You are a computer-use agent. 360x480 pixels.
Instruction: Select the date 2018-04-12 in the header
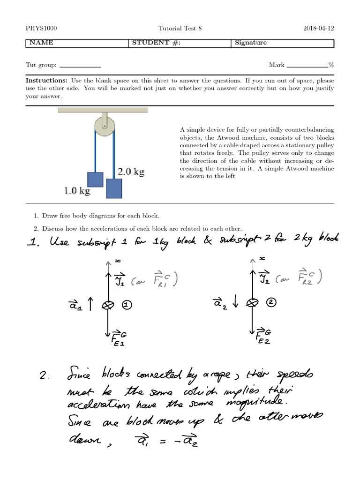pyautogui.click(x=319, y=29)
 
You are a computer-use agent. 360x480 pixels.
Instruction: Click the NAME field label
pyautogui.click(x=42, y=43)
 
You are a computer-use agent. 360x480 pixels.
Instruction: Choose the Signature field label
pyautogui.click(x=251, y=43)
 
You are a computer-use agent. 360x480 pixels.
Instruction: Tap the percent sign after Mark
pyautogui.click(x=331, y=65)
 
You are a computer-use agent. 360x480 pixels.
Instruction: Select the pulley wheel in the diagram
pyautogui.click(x=104, y=125)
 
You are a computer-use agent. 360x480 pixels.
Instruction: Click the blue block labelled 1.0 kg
pyautogui.click(x=95, y=180)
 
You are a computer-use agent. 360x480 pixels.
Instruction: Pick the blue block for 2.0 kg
pyautogui.click(x=114, y=188)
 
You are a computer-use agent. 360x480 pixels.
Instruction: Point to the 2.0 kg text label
pyautogui.click(x=131, y=172)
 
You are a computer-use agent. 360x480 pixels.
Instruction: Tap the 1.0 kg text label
pyautogui.click(x=77, y=191)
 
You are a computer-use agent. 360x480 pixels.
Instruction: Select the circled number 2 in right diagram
pyautogui.click(x=271, y=303)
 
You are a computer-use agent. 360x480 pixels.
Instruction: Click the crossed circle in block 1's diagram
pyautogui.click(x=108, y=305)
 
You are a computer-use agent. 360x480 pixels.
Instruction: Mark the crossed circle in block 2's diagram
pyautogui.click(x=253, y=303)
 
